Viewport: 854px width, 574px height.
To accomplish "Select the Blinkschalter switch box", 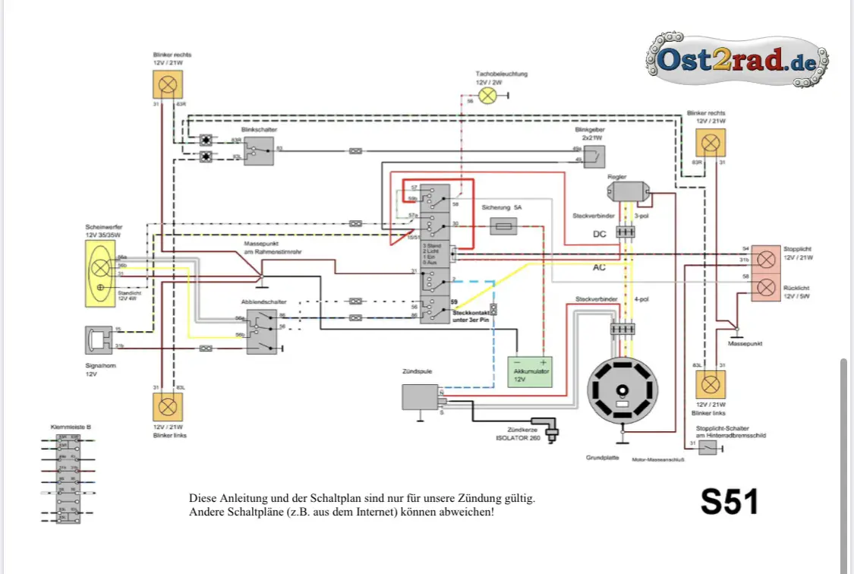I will point(259,152).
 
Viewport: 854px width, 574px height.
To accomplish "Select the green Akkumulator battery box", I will point(529,371).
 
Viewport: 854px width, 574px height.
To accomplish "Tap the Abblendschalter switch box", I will point(262,331).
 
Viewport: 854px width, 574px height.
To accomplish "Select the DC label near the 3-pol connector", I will point(600,235).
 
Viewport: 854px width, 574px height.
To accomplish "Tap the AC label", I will point(600,267).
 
